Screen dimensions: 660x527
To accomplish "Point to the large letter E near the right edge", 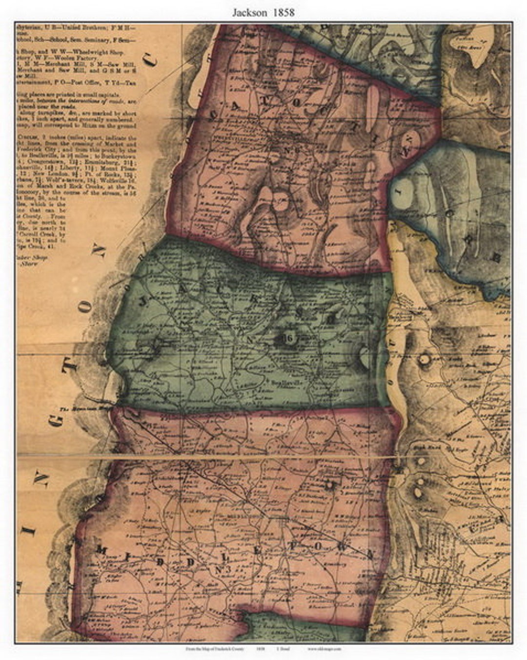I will click(499, 258).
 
